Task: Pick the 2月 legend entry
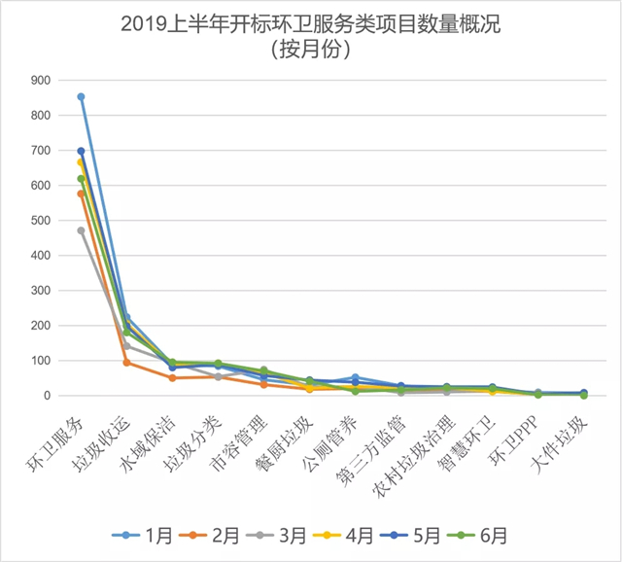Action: [217, 535]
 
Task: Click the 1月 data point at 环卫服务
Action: [81, 96]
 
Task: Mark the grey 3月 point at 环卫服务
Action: [81, 230]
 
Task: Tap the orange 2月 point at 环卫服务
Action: [81, 193]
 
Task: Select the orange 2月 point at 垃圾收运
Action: [127, 363]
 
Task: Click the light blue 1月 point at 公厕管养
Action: [355, 377]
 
